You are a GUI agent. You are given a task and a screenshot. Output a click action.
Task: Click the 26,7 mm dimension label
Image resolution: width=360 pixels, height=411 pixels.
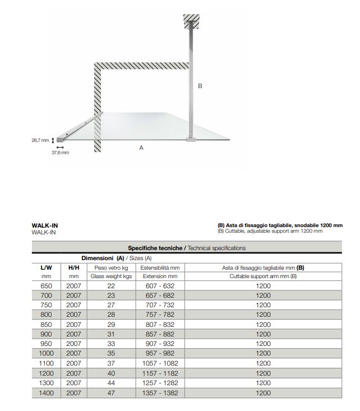pyautogui.click(x=41, y=140)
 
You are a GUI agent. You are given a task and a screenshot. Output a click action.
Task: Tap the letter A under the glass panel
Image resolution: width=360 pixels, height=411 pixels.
pyautogui.click(x=141, y=147)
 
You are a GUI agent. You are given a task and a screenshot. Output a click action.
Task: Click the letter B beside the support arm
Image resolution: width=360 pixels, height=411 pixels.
pyautogui.click(x=200, y=86)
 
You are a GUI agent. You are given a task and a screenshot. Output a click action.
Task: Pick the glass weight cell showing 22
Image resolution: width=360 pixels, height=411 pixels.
pyautogui.click(x=111, y=286)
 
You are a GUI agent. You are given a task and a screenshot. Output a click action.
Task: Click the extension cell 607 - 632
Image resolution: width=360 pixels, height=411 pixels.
pyautogui.click(x=159, y=286)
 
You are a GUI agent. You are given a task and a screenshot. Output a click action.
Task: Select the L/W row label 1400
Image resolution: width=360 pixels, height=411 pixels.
pyautogui.click(x=47, y=393)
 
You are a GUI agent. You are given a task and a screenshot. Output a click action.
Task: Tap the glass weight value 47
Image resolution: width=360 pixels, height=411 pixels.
pyautogui.click(x=111, y=393)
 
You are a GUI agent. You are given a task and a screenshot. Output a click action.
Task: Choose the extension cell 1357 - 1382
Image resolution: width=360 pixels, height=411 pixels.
pyautogui.click(x=159, y=393)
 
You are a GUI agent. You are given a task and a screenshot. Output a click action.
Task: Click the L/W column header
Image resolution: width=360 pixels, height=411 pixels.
pyautogui.click(x=47, y=267)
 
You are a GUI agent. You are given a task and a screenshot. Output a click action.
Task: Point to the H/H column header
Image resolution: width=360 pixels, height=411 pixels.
pyautogui.click(x=74, y=267)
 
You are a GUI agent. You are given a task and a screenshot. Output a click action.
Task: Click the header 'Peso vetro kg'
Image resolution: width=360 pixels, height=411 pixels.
pyautogui.click(x=111, y=267)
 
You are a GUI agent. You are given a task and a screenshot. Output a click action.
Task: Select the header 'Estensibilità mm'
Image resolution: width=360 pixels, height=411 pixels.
pyautogui.click(x=159, y=267)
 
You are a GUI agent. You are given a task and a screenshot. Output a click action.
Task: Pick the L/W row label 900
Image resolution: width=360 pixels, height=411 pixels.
pyautogui.click(x=47, y=334)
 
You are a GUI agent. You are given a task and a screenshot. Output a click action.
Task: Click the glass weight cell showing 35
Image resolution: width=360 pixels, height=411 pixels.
pyautogui.click(x=111, y=353)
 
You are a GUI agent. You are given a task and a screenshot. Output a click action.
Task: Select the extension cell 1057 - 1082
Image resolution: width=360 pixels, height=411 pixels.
pyautogui.click(x=159, y=363)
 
